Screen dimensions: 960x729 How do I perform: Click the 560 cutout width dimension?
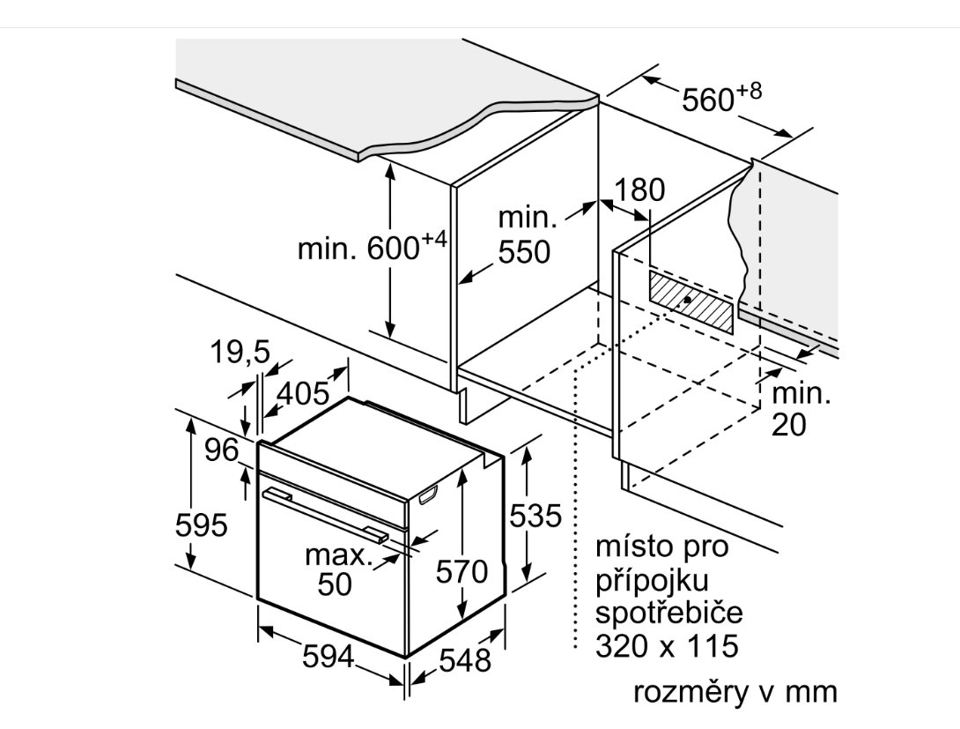pos(722,97)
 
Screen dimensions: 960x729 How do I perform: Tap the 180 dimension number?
pos(639,190)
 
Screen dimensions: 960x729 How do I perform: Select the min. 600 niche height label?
pos(373,247)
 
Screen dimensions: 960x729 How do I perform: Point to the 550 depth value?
pos(524,252)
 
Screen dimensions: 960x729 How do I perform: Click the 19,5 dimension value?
pos(240,353)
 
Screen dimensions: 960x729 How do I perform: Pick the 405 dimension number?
pos(303,393)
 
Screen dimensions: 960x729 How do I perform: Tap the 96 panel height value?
pos(221,450)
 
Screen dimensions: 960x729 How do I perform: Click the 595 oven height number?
pos(201,525)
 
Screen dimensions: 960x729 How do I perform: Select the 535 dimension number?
pos(535,516)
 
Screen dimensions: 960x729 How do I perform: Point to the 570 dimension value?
pos(462,572)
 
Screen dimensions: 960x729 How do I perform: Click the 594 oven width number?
pos(329,657)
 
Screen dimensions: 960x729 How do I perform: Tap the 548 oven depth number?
pos(465,660)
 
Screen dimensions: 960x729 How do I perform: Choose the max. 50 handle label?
pos(338,569)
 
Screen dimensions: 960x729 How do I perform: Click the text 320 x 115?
pos(667,645)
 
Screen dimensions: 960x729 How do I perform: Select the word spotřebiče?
pos(669,613)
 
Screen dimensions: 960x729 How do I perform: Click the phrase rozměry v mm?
pos(735,692)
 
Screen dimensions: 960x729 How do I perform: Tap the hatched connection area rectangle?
pos(690,302)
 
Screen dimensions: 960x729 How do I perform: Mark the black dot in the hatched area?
pos(687,301)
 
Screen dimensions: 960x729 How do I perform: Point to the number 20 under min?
pos(788,425)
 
